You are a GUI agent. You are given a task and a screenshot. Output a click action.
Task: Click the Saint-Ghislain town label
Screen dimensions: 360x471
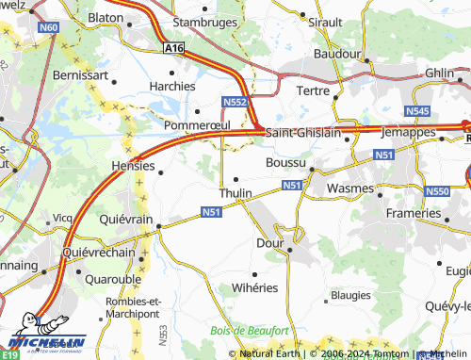(302, 134)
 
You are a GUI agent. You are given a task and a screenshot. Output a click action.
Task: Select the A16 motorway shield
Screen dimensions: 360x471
(172, 46)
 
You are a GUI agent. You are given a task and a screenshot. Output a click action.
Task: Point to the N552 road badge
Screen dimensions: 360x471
(235, 101)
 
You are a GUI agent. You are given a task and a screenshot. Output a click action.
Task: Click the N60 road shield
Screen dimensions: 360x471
(49, 27)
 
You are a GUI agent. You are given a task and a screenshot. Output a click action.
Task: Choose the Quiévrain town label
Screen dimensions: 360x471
(126, 219)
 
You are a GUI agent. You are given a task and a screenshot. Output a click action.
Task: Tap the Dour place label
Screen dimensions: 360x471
(270, 242)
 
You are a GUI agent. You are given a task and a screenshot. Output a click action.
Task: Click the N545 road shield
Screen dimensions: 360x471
(417, 112)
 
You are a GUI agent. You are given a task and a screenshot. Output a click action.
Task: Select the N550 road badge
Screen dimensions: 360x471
(437, 192)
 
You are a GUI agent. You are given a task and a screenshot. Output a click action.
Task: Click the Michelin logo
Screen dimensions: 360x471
(44, 341)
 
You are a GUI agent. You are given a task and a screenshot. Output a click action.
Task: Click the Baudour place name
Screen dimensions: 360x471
(338, 55)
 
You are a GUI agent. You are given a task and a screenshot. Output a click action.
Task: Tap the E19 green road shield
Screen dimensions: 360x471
(9, 354)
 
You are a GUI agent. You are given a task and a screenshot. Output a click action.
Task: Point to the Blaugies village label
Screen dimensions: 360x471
(350, 295)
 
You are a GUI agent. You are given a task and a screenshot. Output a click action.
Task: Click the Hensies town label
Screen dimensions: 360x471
(132, 166)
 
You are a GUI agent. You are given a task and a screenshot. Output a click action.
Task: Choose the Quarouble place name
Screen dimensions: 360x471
(112, 279)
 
